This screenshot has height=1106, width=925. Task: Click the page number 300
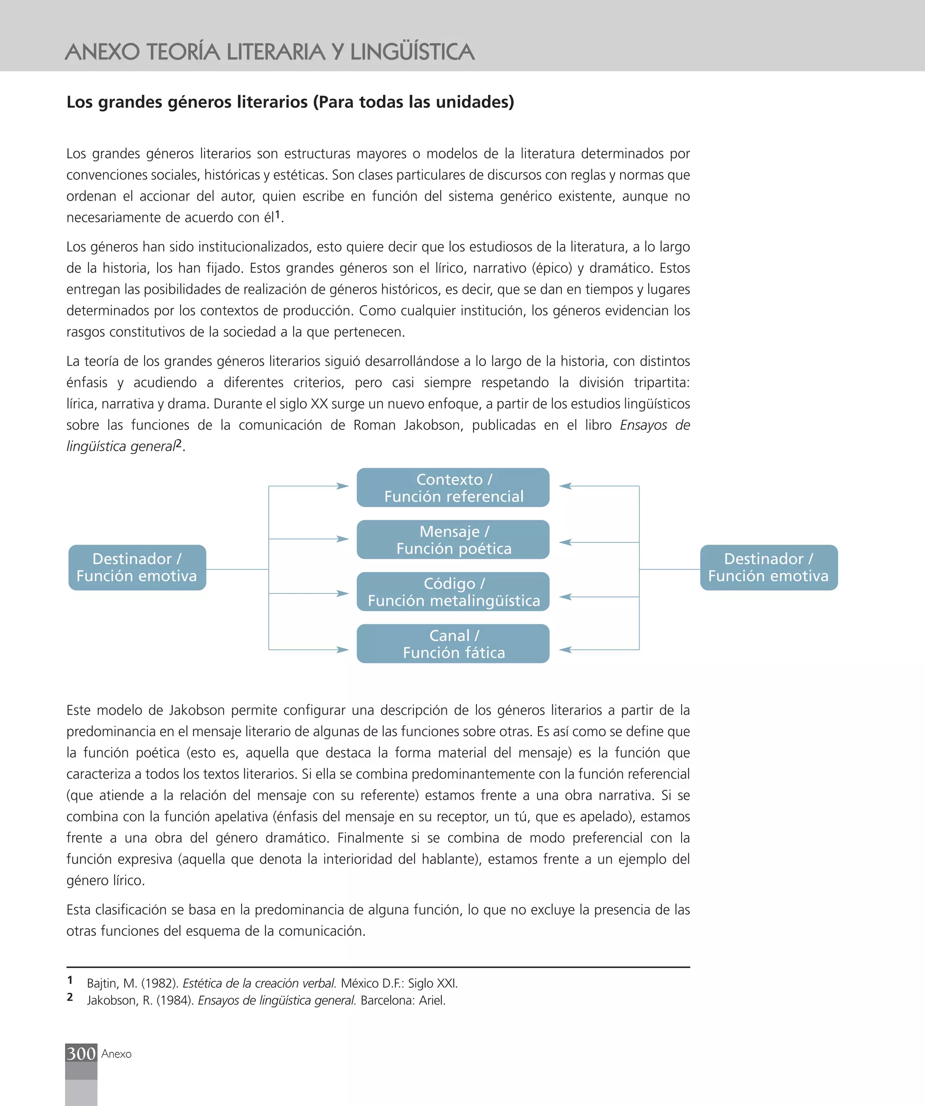(81, 1053)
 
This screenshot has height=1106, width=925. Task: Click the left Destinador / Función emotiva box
(137, 567)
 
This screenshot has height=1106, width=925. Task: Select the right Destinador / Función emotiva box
(768, 567)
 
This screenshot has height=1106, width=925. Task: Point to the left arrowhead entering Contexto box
(343, 486)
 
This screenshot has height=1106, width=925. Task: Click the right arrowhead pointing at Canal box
(565, 650)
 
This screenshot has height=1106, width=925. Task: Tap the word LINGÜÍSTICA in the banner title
(412, 52)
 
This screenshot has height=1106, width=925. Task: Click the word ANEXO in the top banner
(102, 52)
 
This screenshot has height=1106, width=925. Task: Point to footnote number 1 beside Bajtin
(70, 980)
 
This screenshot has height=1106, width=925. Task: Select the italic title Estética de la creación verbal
(259, 983)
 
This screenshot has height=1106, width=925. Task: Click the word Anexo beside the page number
(117, 1054)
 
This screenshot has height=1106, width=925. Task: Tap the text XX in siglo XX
(319, 404)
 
